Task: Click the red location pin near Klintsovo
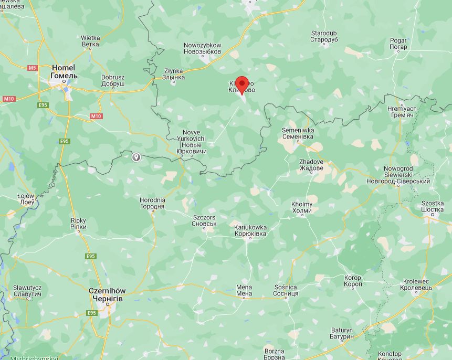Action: pos(241,84)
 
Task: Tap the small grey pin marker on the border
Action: pos(136,156)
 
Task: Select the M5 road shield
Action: pos(33,68)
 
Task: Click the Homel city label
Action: pos(64,72)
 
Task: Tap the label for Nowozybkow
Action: pos(202,49)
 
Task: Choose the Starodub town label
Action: pos(323,36)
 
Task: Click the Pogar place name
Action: pos(398,44)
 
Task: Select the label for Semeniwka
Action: pos(298,133)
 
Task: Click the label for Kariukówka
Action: pos(250,230)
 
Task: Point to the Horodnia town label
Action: pos(152,203)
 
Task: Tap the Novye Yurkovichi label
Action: pos(192,142)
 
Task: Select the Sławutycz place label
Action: pos(27,291)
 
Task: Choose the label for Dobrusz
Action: pos(113,80)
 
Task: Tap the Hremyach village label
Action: pos(402,112)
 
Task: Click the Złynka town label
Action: pos(174,74)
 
